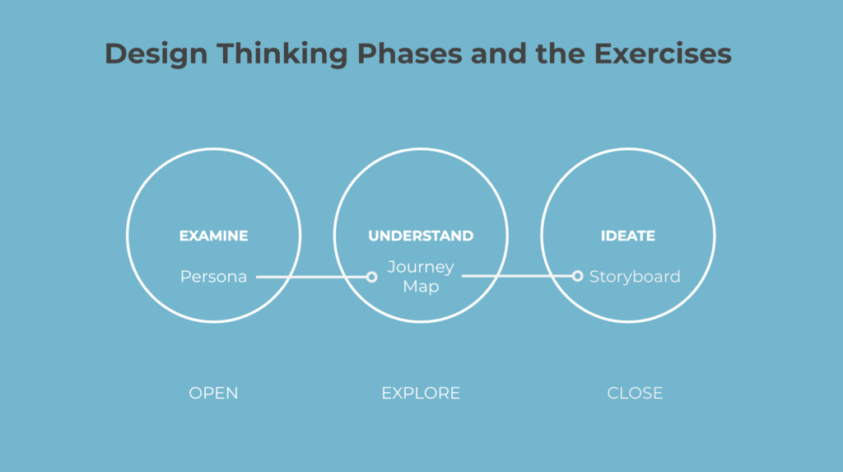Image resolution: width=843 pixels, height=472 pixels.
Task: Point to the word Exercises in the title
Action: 663,54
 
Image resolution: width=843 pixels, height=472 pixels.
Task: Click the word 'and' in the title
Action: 498,54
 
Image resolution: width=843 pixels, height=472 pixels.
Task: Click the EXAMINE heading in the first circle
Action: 213,236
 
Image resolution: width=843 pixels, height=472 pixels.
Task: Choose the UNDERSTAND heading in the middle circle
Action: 421,236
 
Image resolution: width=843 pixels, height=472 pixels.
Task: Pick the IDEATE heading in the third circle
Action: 628,236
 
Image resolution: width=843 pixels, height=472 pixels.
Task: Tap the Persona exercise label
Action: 213,277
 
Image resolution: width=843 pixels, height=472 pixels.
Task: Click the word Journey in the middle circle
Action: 421,268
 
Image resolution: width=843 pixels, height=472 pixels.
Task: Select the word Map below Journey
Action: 421,287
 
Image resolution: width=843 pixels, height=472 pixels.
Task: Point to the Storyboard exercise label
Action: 635,277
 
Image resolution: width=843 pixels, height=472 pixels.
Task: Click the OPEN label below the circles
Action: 213,394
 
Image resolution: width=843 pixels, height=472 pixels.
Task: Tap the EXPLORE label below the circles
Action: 421,394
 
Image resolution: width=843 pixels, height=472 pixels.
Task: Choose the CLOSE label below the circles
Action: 635,394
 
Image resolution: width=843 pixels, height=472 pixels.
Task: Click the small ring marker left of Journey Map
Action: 371,277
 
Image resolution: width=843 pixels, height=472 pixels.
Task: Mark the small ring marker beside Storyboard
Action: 577,276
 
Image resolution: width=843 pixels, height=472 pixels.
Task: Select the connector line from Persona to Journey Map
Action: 311,277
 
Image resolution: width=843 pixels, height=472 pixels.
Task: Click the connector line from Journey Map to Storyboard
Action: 517,276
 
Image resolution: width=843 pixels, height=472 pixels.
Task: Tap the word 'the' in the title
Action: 560,54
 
